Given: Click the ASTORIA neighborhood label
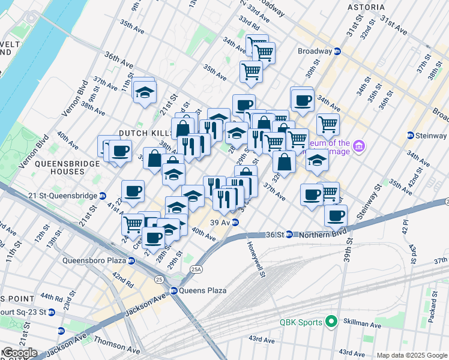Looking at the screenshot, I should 366,7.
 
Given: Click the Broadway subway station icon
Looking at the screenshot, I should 338,52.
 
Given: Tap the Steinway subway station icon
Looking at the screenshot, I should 411,136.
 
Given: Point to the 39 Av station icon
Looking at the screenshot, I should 236,222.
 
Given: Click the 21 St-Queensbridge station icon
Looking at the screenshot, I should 103,195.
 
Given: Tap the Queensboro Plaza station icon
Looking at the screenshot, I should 131,260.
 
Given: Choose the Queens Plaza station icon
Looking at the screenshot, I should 173,291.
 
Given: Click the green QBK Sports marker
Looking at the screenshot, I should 329,322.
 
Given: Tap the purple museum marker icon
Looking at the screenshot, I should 359,146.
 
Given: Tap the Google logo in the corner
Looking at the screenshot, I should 19,353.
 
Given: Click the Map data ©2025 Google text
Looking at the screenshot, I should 411,355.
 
